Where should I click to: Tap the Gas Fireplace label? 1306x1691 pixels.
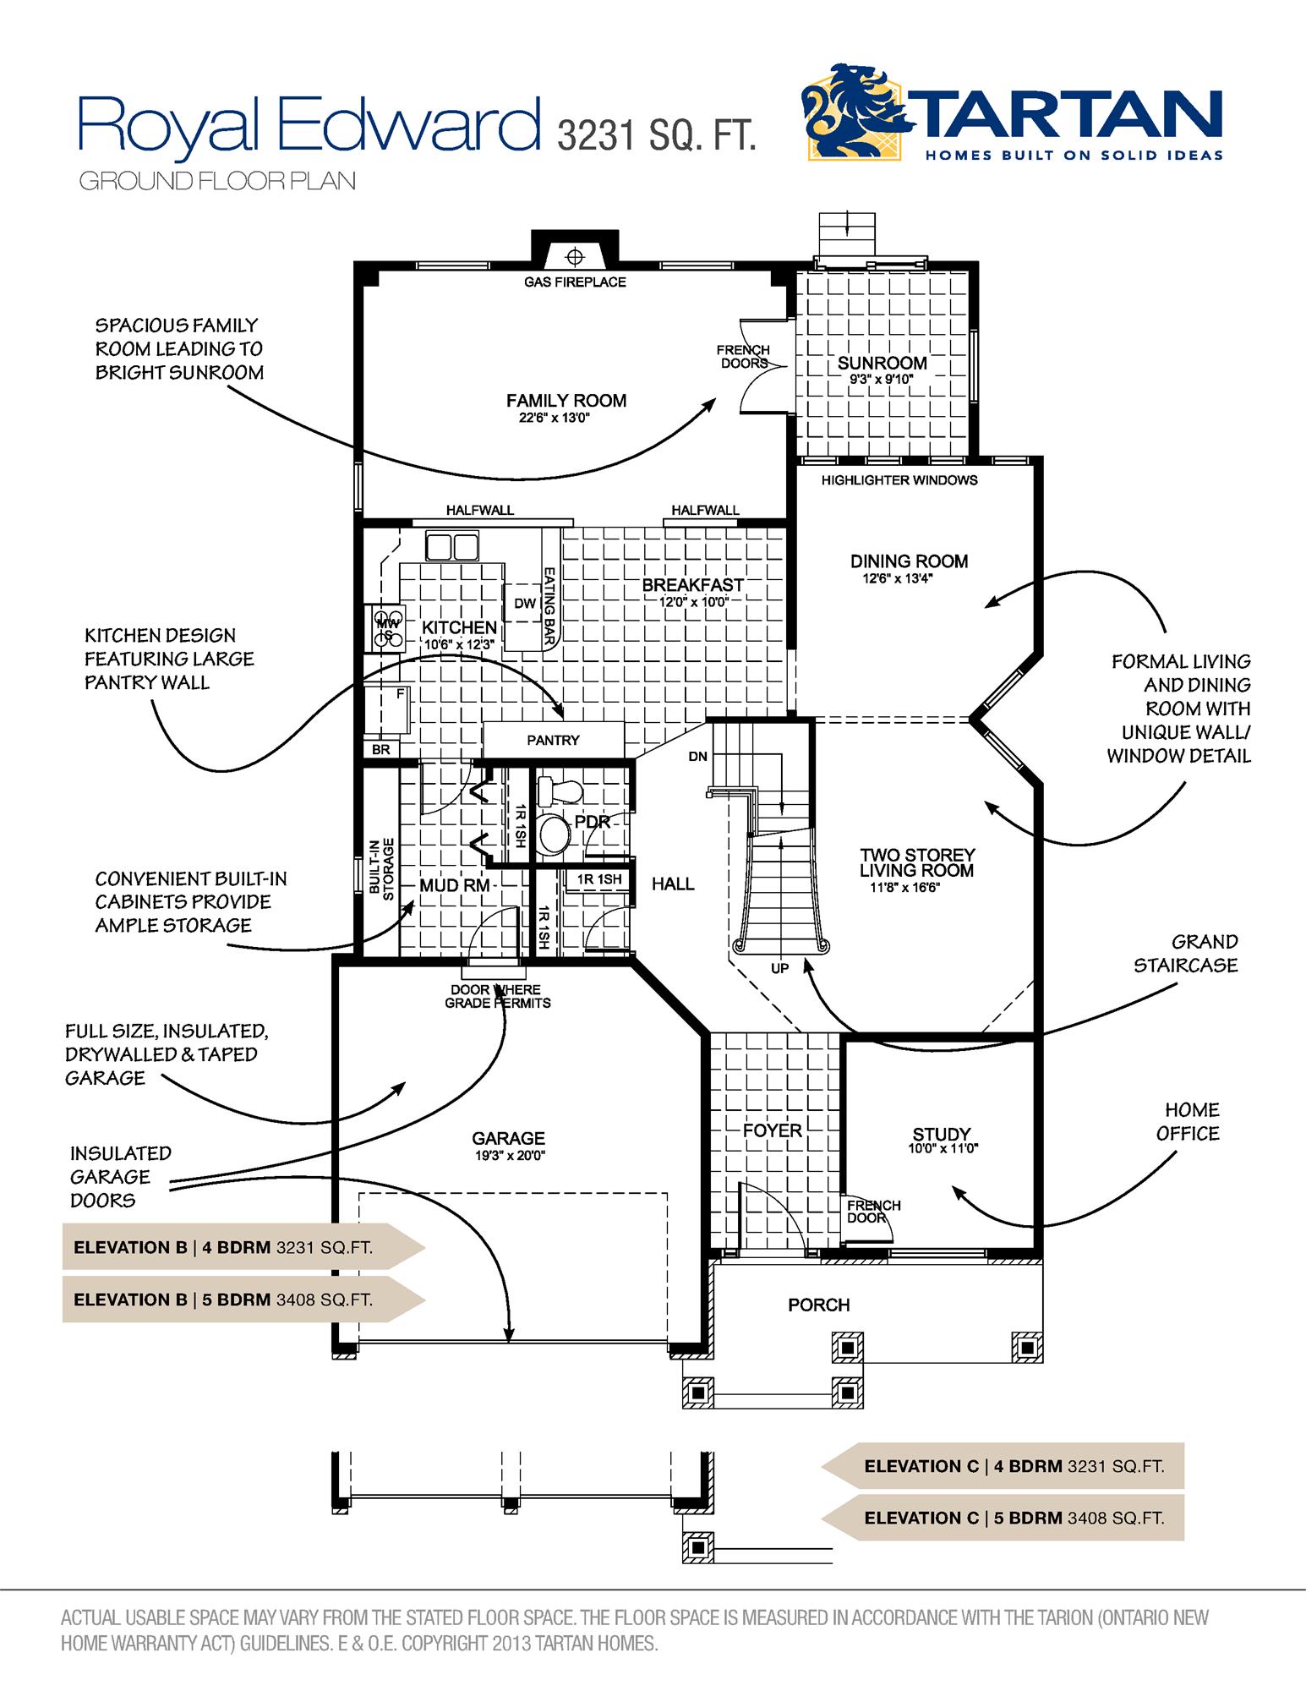point(575,282)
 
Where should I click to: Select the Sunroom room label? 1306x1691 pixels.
point(882,364)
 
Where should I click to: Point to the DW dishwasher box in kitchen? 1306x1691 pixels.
point(525,603)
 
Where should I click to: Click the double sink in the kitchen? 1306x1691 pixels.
point(451,547)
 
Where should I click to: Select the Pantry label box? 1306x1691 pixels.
point(553,740)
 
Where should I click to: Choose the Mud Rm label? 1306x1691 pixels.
point(455,885)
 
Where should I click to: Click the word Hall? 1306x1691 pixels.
point(673,884)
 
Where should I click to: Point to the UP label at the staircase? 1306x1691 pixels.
point(779,968)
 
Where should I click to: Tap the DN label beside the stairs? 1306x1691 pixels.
point(697,757)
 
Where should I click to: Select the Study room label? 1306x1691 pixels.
point(942,1134)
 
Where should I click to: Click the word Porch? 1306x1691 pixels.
point(818,1305)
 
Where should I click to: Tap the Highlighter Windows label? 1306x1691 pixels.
point(899,480)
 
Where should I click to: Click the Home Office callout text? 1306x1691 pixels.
point(1188,1122)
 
